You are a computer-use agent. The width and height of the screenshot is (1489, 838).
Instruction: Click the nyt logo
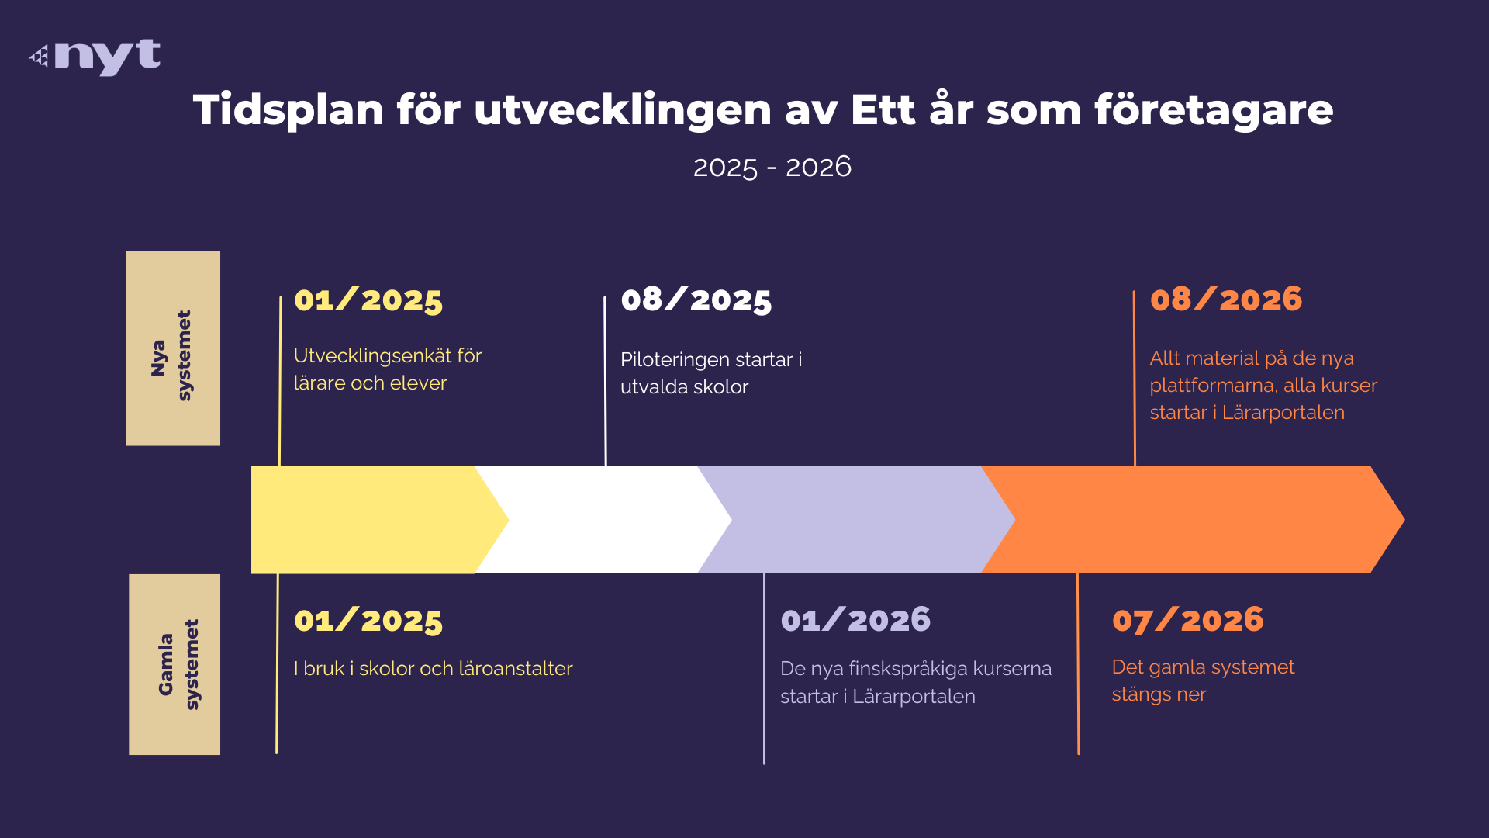(95, 57)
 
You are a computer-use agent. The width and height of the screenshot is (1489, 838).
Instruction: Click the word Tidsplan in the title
(288, 110)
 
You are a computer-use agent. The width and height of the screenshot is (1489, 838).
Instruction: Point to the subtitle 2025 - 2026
(772, 167)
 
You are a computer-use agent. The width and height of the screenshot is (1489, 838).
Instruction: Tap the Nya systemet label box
(173, 348)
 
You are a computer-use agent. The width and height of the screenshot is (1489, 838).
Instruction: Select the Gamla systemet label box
(174, 664)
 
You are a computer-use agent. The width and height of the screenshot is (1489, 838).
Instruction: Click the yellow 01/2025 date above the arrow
(368, 300)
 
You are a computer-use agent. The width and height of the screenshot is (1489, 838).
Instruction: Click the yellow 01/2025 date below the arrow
(368, 621)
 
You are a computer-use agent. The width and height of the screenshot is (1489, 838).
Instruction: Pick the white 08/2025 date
(696, 300)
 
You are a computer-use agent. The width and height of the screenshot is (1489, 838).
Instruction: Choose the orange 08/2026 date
(1226, 299)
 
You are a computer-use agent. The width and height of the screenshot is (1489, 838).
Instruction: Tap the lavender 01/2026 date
(855, 620)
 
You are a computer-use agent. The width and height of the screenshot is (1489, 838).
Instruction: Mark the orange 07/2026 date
(1187, 620)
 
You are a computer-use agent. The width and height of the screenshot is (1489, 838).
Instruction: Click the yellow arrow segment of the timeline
(372, 520)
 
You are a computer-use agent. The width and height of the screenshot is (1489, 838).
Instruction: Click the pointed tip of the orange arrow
(1404, 520)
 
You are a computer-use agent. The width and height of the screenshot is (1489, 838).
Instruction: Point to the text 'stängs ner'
(1159, 695)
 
